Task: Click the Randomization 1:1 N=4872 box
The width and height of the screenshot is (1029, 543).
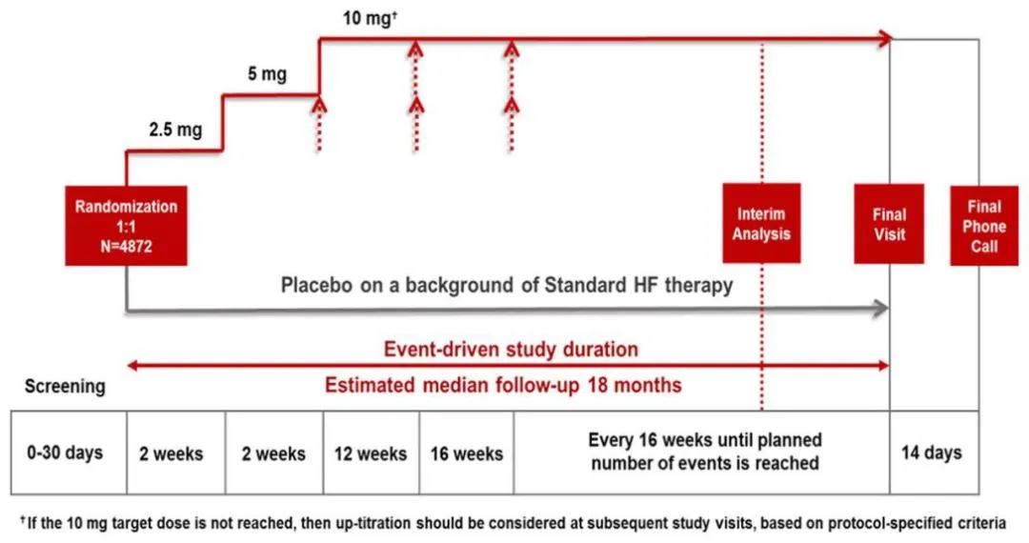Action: [126, 226]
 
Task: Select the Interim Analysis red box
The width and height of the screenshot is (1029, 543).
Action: [761, 224]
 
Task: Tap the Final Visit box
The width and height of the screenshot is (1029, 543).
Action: [889, 224]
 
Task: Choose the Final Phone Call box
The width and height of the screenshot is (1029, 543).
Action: [984, 226]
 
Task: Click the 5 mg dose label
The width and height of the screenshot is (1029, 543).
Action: [267, 73]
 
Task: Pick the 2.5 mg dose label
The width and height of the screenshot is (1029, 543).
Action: [175, 130]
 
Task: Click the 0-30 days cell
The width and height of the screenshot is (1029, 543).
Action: [69, 452]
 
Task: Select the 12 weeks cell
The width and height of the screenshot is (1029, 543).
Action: [371, 452]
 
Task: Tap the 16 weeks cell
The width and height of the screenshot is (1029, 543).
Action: [467, 452]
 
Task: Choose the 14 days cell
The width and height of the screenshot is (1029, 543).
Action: [934, 452]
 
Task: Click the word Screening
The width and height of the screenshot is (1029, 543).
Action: [65, 386]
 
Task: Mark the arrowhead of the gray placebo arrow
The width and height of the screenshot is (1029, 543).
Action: [881, 308]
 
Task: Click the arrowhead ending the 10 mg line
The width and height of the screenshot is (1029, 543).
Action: [884, 38]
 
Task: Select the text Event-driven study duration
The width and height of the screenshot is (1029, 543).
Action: [511, 349]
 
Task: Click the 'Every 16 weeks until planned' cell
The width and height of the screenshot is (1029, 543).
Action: [701, 452]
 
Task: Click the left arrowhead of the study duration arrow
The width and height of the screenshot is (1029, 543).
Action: [132, 365]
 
